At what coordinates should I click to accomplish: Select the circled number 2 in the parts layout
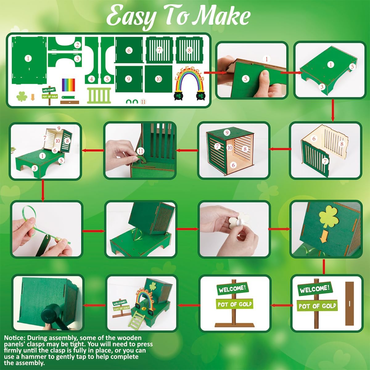tap(78, 45)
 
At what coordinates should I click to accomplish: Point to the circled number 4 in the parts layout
tap(92, 79)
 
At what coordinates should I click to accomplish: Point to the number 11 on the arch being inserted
tap(141, 151)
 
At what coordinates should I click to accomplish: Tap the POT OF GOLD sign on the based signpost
tap(235, 304)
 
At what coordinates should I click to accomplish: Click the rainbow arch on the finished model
tap(143, 298)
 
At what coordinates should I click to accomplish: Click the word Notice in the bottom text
tap(14, 338)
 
